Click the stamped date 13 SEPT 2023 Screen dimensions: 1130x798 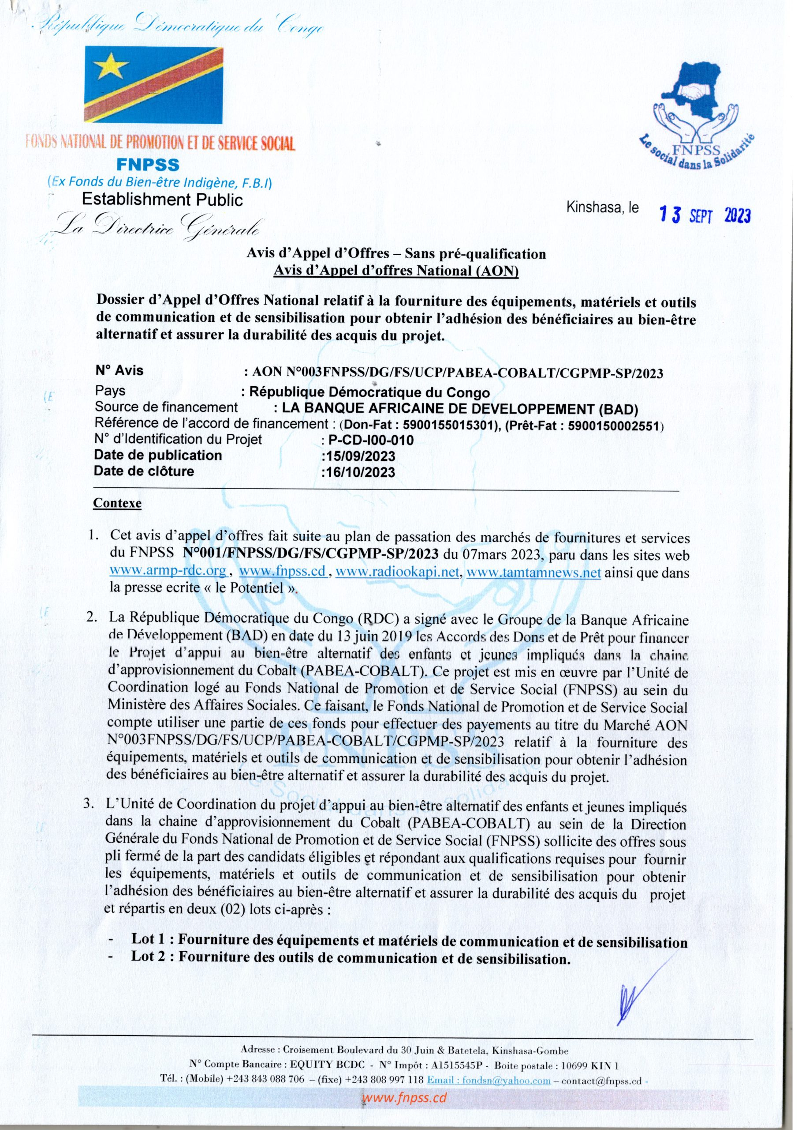click(x=705, y=215)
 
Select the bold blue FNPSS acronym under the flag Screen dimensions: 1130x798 click(x=148, y=164)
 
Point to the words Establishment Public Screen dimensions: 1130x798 click(x=162, y=200)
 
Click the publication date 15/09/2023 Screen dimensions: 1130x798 click(x=358, y=456)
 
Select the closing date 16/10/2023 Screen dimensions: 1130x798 click(x=358, y=472)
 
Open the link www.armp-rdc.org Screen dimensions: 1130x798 click(x=168, y=573)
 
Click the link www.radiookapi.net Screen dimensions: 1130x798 click(x=397, y=573)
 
